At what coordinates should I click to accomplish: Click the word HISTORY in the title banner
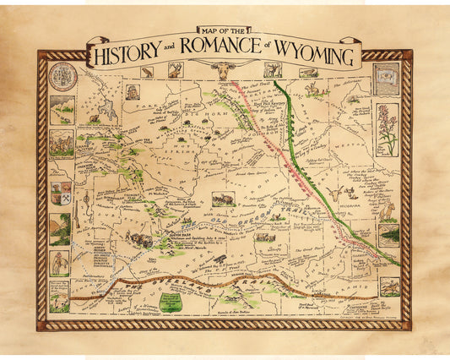point(136,57)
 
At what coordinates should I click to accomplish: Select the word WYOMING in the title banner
point(316,57)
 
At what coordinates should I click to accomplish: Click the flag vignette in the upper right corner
point(386,78)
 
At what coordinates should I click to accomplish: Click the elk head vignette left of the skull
point(175,72)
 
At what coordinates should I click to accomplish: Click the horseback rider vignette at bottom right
point(388,287)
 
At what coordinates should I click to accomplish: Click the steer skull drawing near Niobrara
point(335,194)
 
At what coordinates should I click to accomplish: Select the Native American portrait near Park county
point(133,92)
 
